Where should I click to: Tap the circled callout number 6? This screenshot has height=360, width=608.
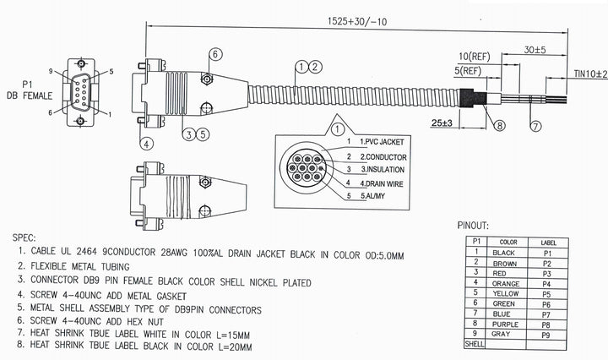pos(215,55)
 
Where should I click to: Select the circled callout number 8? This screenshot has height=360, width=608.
pos(500,126)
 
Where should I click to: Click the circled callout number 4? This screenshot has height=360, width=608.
pos(147,143)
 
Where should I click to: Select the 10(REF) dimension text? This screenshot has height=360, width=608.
pos(475,56)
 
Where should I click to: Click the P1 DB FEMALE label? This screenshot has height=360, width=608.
pos(24,90)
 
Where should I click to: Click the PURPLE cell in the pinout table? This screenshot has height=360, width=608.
pos(508,324)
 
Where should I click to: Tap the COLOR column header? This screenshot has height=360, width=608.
pos(508,242)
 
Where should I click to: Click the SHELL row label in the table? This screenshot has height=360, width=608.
pos(475,345)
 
